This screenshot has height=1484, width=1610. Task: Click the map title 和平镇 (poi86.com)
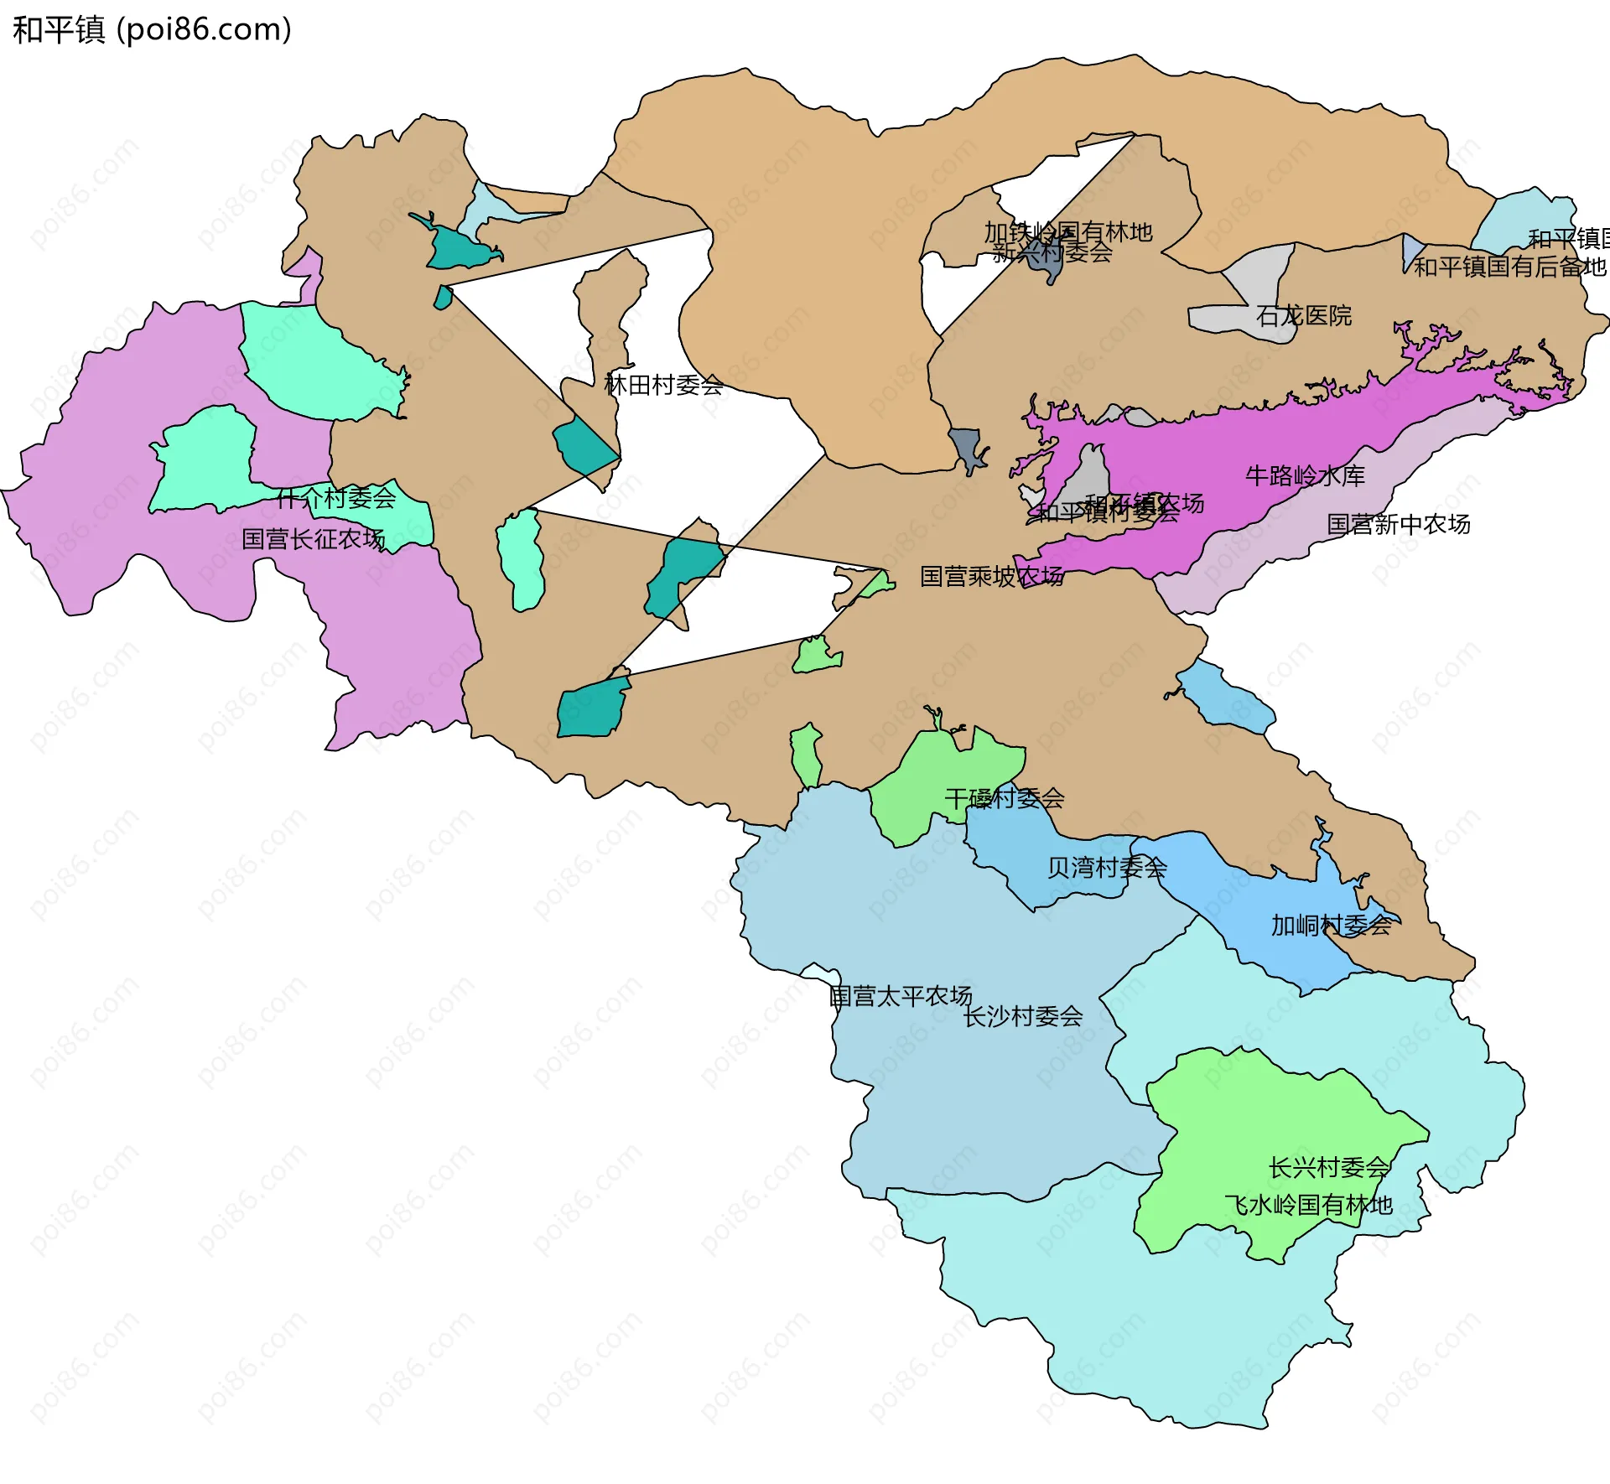pyautogui.click(x=152, y=29)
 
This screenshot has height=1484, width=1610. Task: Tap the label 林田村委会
pyautogui.click(x=663, y=386)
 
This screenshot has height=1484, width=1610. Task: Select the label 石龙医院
pyautogui.click(x=1304, y=316)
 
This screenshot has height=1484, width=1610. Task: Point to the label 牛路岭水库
pyautogui.click(x=1305, y=476)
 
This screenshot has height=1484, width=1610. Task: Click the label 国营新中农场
pyautogui.click(x=1398, y=525)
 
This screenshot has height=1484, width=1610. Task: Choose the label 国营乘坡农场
pyautogui.click(x=991, y=577)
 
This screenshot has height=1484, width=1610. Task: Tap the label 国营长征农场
pyautogui.click(x=313, y=539)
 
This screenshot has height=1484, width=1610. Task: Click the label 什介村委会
pyautogui.click(x=335, y=499)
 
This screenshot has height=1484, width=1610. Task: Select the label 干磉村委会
pyautogui.click(x=1004, y=798)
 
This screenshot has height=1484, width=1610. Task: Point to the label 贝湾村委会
pyautogui.click(x=1106, y=868)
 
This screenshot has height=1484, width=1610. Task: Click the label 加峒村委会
pyautogui.click(x=1331, y=926)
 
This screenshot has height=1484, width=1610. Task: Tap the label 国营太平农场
pyautogui.click(x=900, y=996)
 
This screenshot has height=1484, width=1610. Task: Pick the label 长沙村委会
pyautogui.click(x=1022, y=1017)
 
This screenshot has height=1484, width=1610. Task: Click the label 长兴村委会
pyautogui.click(x=1329, y=1168)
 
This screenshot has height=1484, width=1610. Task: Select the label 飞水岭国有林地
pyautogui.click(x=1308, y=1206)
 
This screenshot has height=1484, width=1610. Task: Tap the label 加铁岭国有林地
pyautogui.click(x=1067, y=231)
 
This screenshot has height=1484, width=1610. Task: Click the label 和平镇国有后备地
pyautogui.click(x=1509, y=267)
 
